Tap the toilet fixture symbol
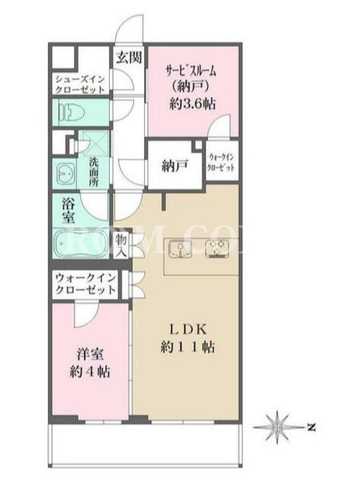tap(72, 112)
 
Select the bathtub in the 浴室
tap(80, 244)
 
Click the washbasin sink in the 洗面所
tap(65, 173)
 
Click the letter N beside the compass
tap(311, 427)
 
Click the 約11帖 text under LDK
tap(187, 347)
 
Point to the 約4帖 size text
tap(89, 371)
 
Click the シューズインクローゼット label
tap(80, 85)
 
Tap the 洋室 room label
tap(89, 355)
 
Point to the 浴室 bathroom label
tap(68, 211)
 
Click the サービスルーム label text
tap(191, 71)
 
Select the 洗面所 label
tap(94, 172)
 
